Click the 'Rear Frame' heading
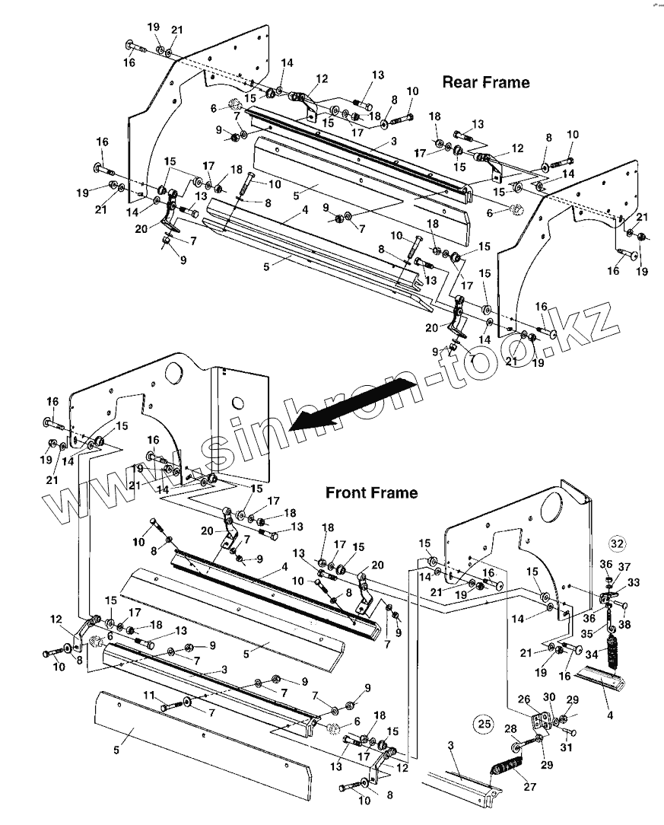(x=486, y=81)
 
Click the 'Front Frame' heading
(x=371, y=492)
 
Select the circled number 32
(x=617, y=543)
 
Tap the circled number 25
(x=484, y=724)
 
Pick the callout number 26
(x=524, y=700)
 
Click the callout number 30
(x=549, y=696)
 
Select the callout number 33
(x=633, y=581)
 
